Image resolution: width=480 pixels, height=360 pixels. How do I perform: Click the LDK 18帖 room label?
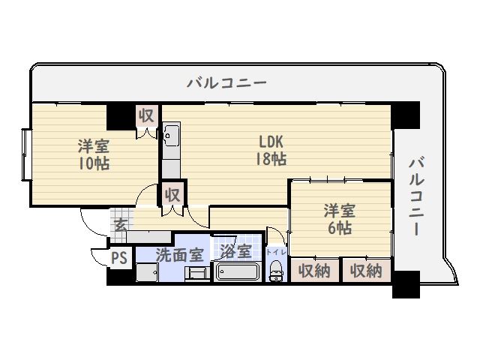coord(271,150)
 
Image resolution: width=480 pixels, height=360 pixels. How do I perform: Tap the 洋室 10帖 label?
coord(94,154)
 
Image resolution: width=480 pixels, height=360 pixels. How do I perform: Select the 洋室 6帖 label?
coord(340,219)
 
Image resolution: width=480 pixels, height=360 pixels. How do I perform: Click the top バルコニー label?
coord(226,83)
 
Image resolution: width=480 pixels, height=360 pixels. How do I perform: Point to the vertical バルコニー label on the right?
coord(417,196)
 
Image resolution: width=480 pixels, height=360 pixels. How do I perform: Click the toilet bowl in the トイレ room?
coord(277,271)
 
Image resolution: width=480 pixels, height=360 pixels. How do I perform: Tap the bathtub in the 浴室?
coord(237,271)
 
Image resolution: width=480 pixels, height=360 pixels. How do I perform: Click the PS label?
coord(119,258)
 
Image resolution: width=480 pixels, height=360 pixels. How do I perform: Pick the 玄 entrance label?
coord(121,226)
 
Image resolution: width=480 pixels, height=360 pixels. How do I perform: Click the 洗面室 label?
coord(180,254)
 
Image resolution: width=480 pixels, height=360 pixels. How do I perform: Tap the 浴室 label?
coord(236,251)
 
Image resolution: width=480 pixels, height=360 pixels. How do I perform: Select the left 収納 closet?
coord(315,270)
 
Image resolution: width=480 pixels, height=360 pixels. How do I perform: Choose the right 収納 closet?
coord(367,270)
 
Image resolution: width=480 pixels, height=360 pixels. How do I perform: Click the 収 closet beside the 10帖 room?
coord(147,116)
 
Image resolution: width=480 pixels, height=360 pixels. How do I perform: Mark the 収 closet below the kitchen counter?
coord(172,193)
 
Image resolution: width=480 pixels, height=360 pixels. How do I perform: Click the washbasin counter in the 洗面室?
coord(147,272)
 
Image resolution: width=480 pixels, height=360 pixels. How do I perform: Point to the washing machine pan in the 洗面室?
coord(197,273)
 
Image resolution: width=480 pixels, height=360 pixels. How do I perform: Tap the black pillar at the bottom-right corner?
coord(406,284)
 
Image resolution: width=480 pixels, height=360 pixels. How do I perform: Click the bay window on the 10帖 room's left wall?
coord(26,155)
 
